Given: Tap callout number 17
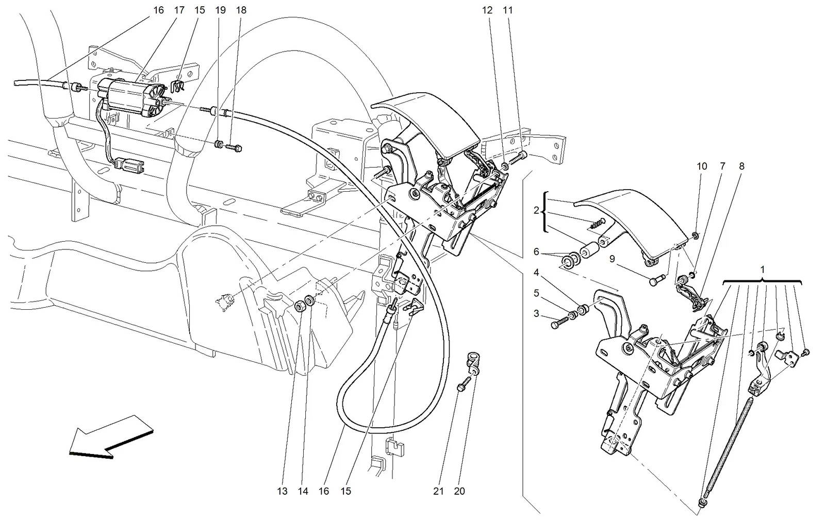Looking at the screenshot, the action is click(179, 10).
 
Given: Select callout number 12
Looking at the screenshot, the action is click(487, 10).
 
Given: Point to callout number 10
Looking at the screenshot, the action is click(702, 166).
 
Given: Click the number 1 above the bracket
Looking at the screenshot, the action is click(763, 270).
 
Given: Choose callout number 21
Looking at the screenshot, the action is click(438, 491).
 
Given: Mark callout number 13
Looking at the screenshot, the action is click(282, 491).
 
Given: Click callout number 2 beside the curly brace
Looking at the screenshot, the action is click(536, 210).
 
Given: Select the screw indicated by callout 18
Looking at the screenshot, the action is click(234, 147).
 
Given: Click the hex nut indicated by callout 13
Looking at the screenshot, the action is click(300, 306).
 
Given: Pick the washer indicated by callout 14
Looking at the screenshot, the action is click(310, 300).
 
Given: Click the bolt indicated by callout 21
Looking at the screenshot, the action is click(464, 383).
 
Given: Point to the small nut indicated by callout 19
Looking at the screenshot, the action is click(218, 143).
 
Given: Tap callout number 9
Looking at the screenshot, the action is click(612, 259).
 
